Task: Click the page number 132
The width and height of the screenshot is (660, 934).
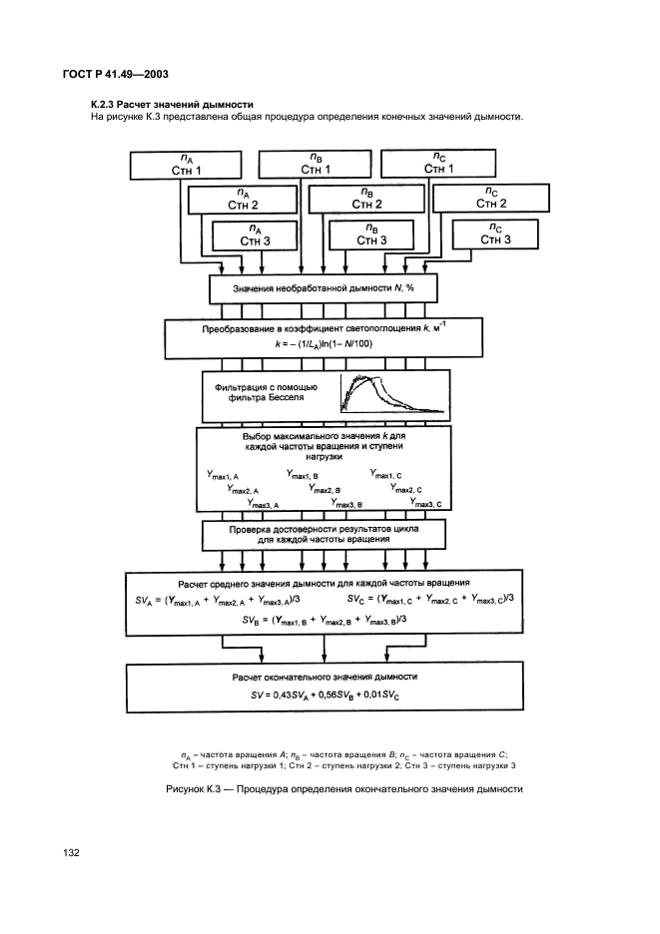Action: tap(71, 852)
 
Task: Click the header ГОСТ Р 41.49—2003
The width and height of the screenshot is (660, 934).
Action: tap(115, 75)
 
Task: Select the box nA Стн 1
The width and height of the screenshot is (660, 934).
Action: tap(186, 165)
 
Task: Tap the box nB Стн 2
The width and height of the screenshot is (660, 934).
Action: tap(366, 199)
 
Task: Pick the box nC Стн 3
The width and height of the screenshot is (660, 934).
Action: tap(495, 234)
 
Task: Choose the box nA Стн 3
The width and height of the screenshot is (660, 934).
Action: tap(255, 235)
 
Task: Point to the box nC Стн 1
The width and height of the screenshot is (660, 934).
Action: tap(438, 164)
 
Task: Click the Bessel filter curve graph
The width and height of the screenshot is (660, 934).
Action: tap(392, 393)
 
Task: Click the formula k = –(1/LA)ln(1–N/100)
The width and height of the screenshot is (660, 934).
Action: tap(324, 343)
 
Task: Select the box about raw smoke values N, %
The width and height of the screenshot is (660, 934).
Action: tap(324, 288)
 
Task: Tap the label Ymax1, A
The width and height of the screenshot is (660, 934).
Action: tap(223, 475)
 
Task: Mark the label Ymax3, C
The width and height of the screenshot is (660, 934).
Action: tap(425, 503)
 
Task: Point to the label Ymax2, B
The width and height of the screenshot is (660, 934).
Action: tap(325, 489)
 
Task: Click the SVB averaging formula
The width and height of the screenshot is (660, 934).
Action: tap(325, 620)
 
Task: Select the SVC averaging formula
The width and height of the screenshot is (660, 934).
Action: tap(430, 599)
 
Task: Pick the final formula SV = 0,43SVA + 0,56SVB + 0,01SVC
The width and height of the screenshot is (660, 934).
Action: tap(325, 695)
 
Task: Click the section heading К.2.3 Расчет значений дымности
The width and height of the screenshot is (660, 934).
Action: tap(172, 105)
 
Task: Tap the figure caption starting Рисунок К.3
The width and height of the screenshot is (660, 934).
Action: tap(344, 789)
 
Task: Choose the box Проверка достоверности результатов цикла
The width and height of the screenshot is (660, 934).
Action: tap(324, 534)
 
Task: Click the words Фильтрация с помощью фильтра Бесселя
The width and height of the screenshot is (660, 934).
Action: tap(266, 392)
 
